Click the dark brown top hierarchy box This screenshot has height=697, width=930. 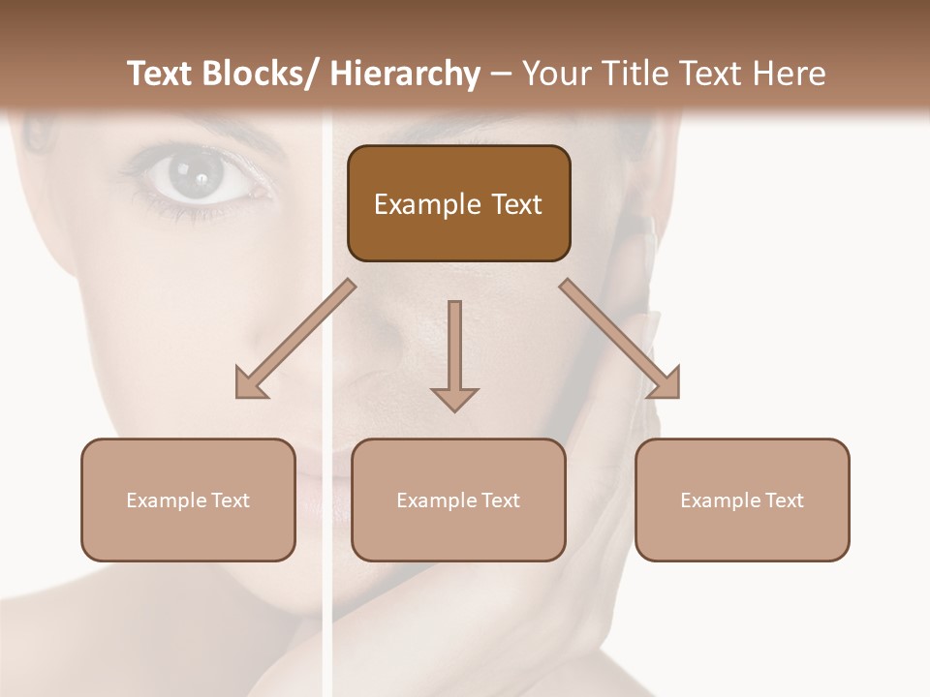coord(458,203)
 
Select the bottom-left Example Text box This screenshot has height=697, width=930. coord(188,500)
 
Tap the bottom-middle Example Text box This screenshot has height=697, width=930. coord(458,500)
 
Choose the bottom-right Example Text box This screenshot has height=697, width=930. coord(742,500)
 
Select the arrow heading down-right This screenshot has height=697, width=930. coord(620,339)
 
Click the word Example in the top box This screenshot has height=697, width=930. coord(426,204)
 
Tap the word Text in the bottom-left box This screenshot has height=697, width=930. coord(230,500)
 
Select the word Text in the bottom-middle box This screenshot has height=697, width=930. coord(500,500)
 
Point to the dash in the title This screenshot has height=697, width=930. coord(501,76)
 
